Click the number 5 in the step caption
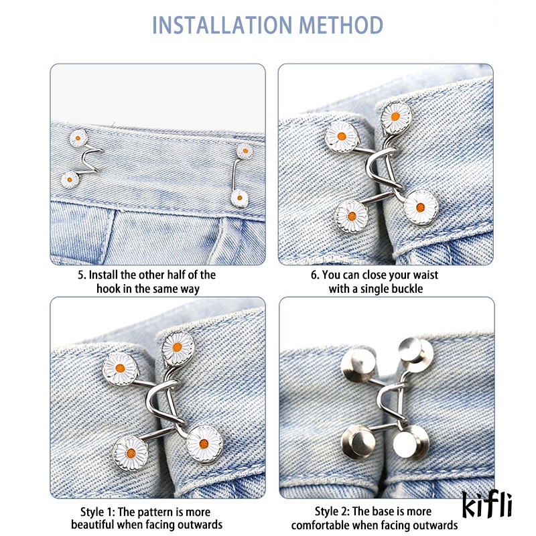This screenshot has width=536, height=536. point(82,275)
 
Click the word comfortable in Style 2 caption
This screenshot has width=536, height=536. point(322,525)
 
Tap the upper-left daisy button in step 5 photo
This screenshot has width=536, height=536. point(79,138)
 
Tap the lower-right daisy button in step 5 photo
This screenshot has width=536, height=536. point(239,197)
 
